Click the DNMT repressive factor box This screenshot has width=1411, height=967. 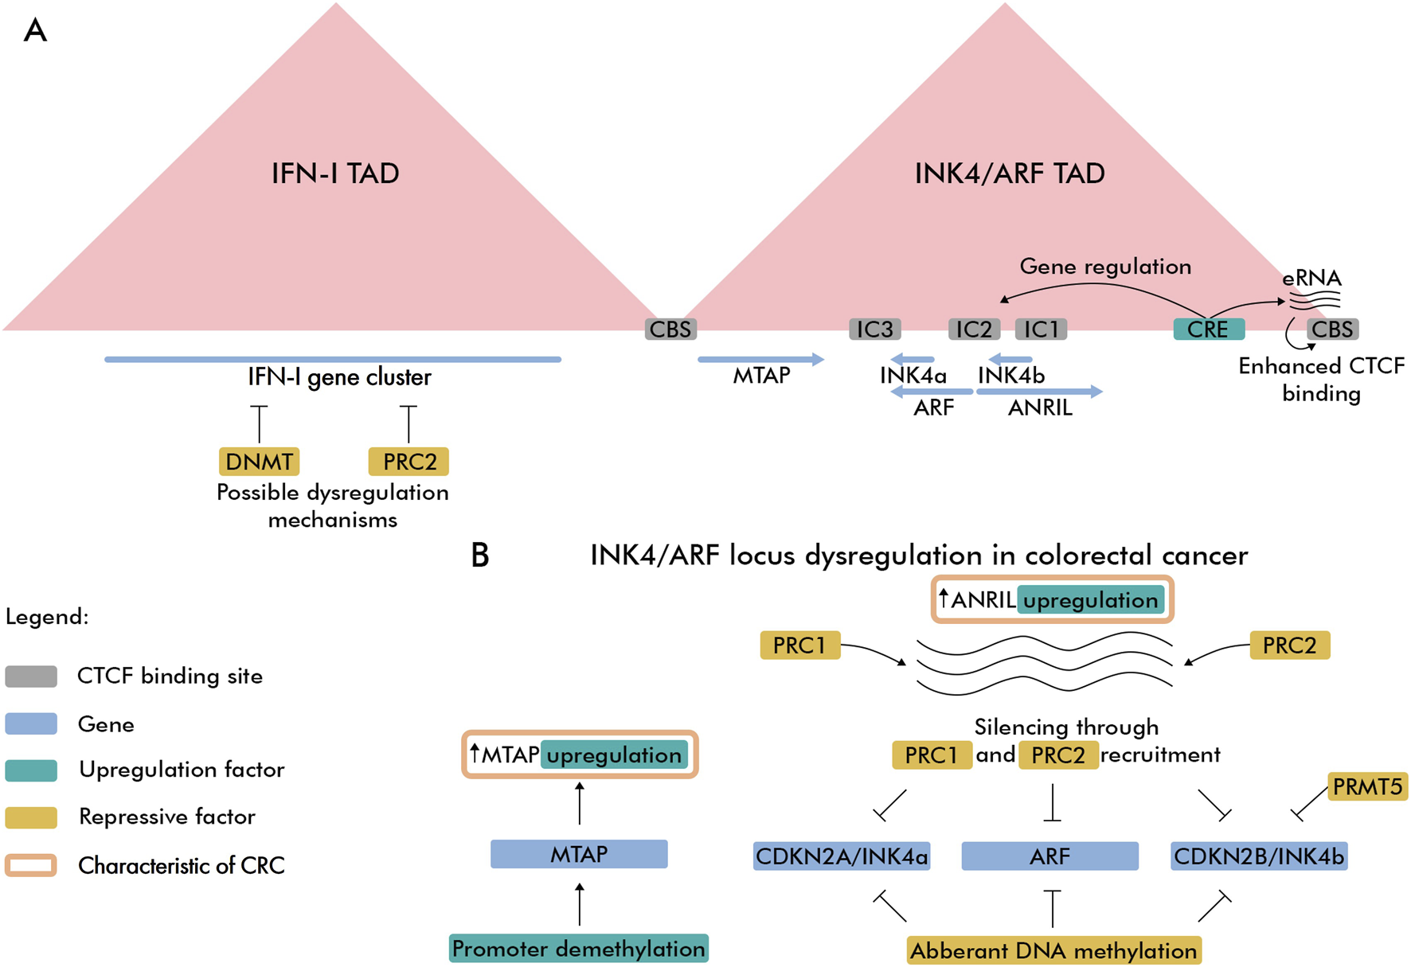click(259, 462)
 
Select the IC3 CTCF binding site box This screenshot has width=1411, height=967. click(874, 329)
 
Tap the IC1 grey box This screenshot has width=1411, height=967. click(1041, 329)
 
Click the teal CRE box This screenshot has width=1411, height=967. click(1208, 329)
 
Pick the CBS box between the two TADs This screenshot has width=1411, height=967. click(670, 329)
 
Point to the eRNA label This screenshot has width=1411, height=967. click(1311, 279)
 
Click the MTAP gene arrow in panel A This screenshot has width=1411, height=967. click(760, 360)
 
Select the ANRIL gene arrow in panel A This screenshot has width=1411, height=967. click(1039, 392)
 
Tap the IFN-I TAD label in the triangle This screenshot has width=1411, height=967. click(334, 174)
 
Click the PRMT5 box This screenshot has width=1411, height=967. click(1367, 786)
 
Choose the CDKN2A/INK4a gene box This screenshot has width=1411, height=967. click(842, 856)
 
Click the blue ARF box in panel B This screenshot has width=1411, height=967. click(1049, 856)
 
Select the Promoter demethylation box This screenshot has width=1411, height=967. click(578, 949)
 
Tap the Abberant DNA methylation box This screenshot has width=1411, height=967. click(1053, 950)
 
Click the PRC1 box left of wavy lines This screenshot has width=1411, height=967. click(799, 645)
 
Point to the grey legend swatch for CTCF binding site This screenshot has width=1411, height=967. click(31, 677)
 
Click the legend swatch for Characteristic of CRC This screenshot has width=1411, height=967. click(31, 865)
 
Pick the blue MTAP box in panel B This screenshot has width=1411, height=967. click(579, 854)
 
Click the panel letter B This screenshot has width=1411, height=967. click(479, 556)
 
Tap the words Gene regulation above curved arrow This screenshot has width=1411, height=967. click(1105, 267)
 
